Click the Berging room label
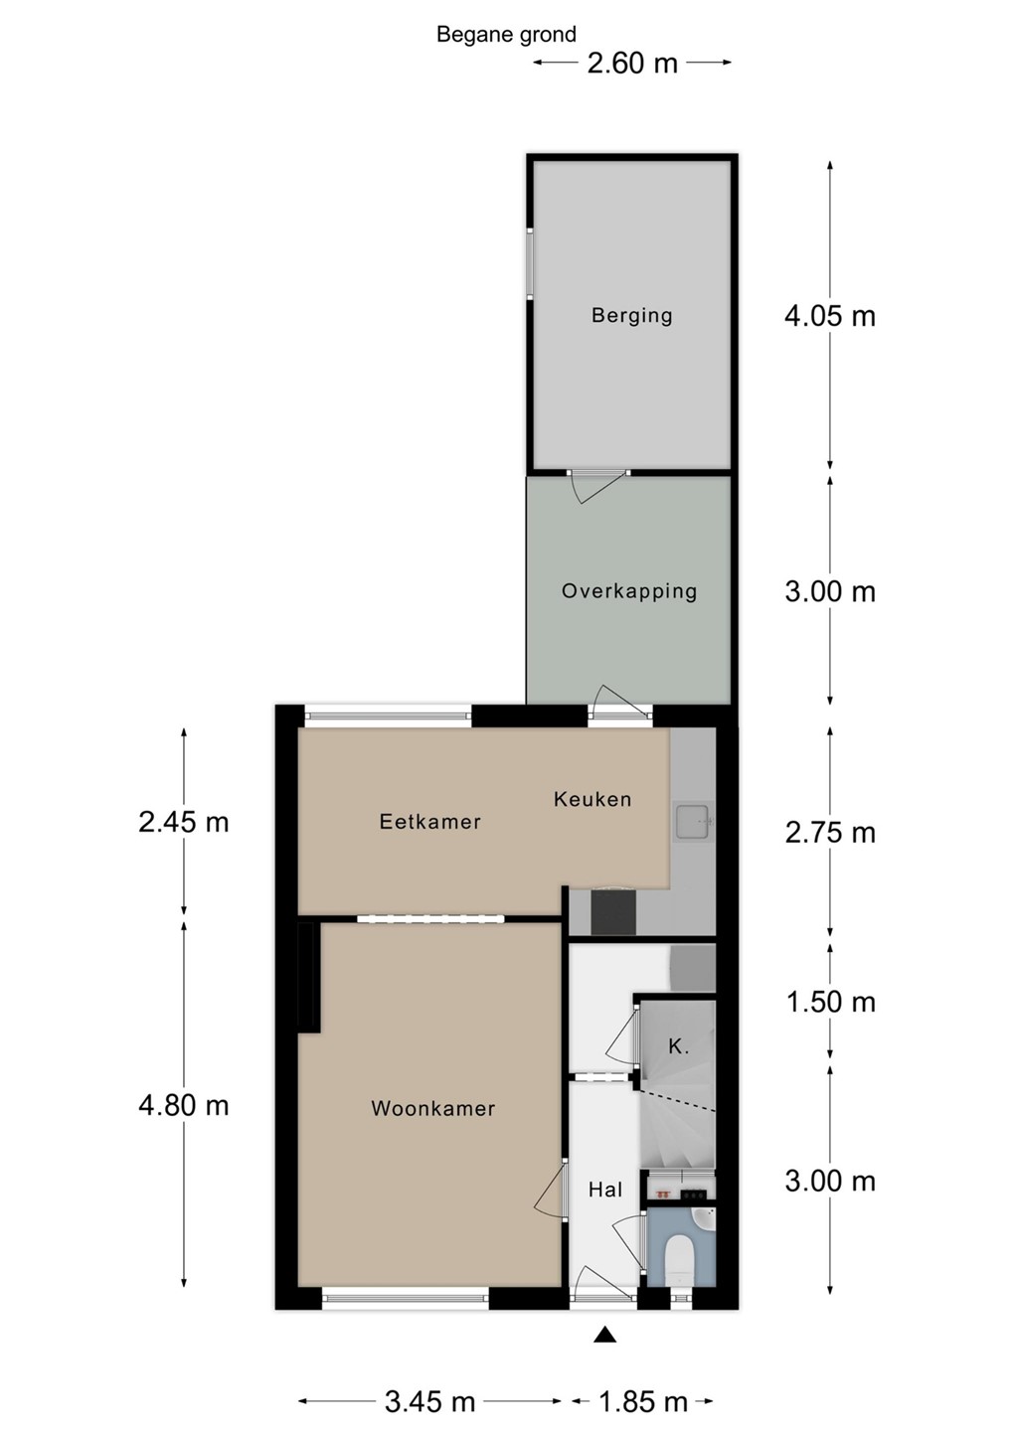coord(631,316)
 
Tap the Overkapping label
coord(629,591)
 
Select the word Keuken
coord(592,799)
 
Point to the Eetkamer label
coord(430,821)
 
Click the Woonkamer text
coord(433,1108)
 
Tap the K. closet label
coord(678,1046)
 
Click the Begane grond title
coord(506,35)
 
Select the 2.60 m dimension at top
coord(632,64)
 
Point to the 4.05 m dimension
coord(829,316)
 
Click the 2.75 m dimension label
coord(829,833)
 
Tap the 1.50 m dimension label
coord(829,1002)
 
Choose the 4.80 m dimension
coord(184,1105)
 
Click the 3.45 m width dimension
coord(430,1401)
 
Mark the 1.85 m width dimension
coord(643,1401)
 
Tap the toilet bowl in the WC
coord(678,1258)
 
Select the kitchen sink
coord(693,820)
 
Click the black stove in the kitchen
coord(613,912)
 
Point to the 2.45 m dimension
coord(184,822)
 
